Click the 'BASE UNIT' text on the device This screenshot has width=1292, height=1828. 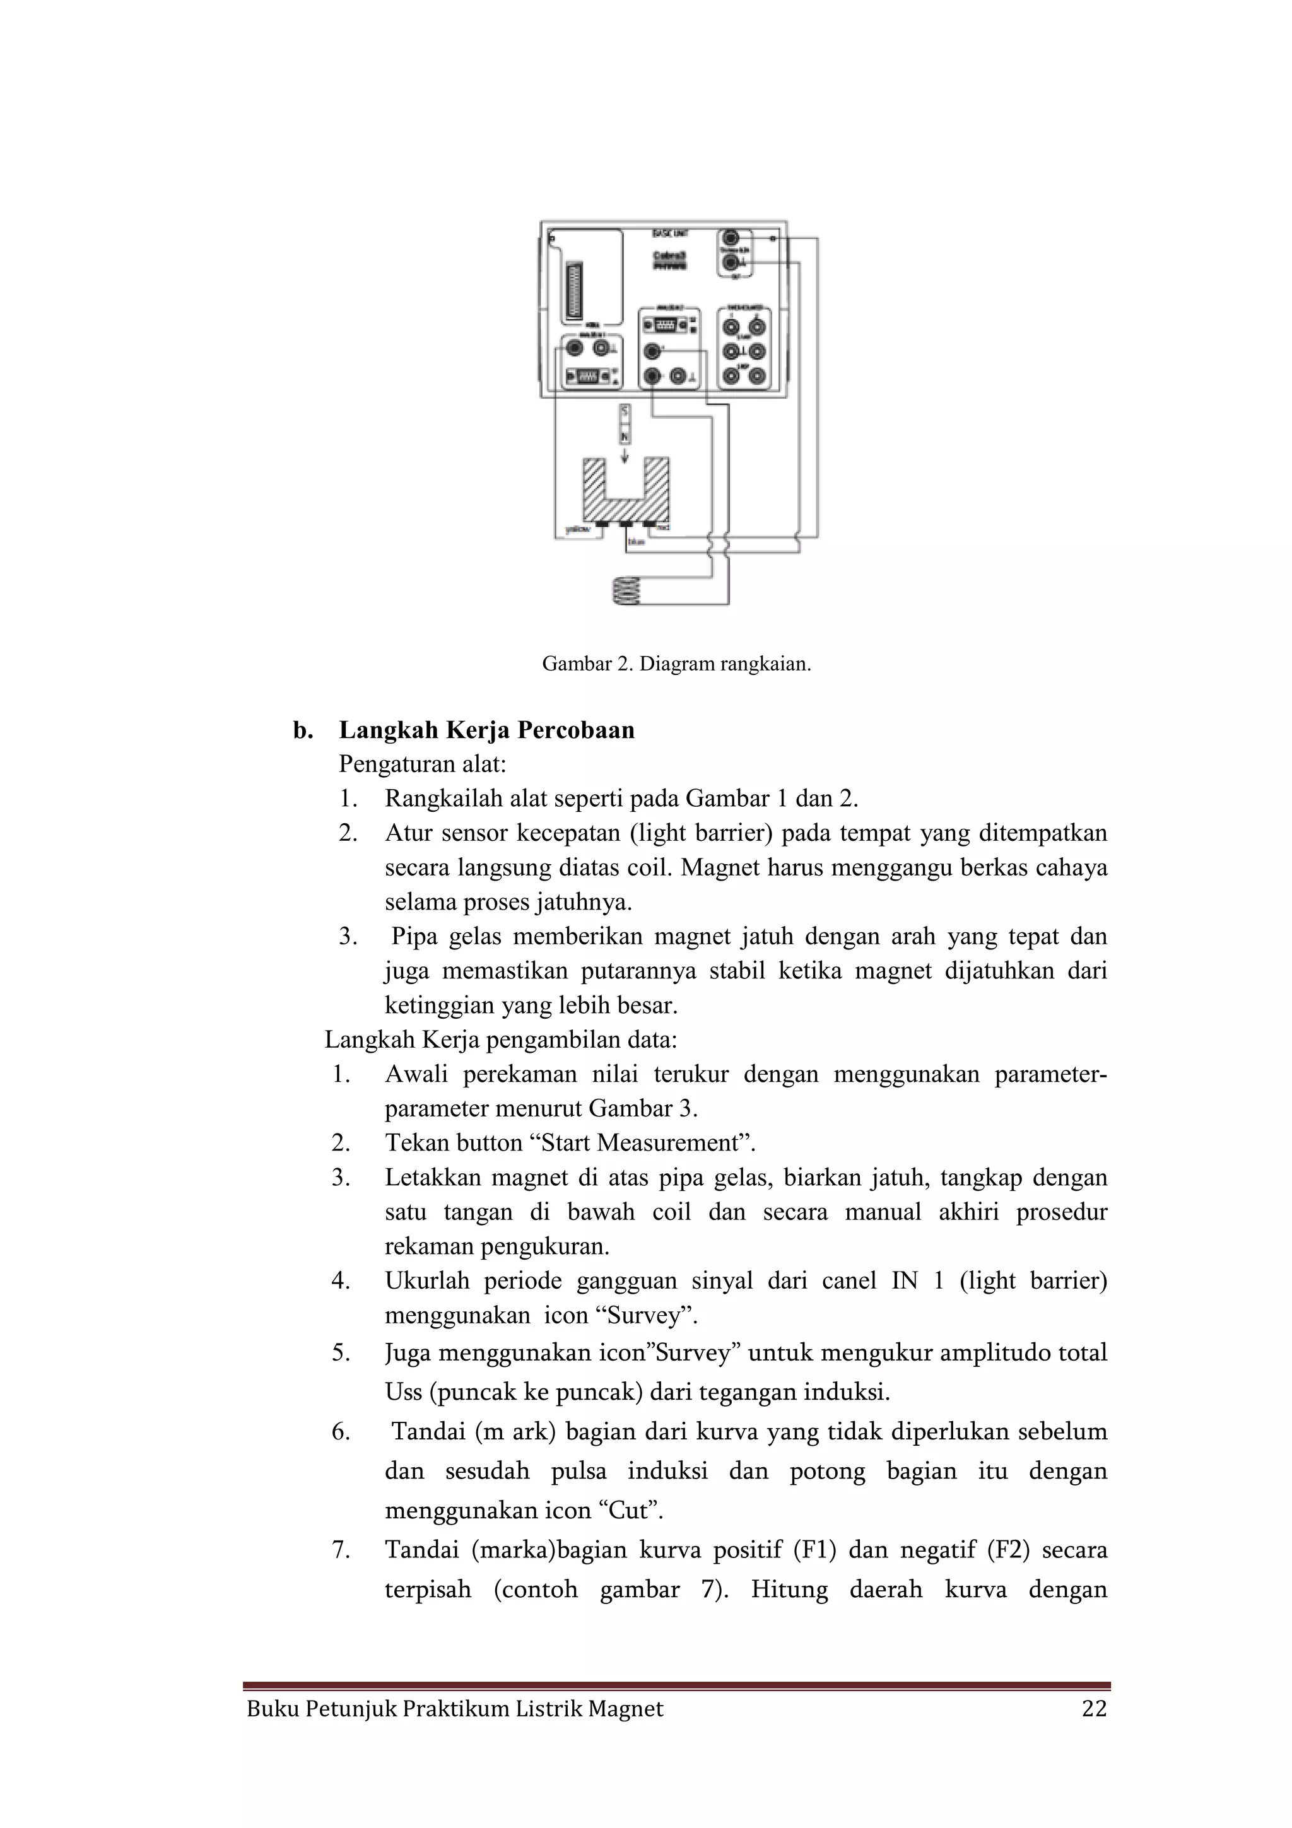[x=669, y=233]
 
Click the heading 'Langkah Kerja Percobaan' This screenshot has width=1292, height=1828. [x=486, y=730]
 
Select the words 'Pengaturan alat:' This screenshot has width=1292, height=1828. [x=423, y=765]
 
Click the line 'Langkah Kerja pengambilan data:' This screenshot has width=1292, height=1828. [x=501, y=1040]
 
